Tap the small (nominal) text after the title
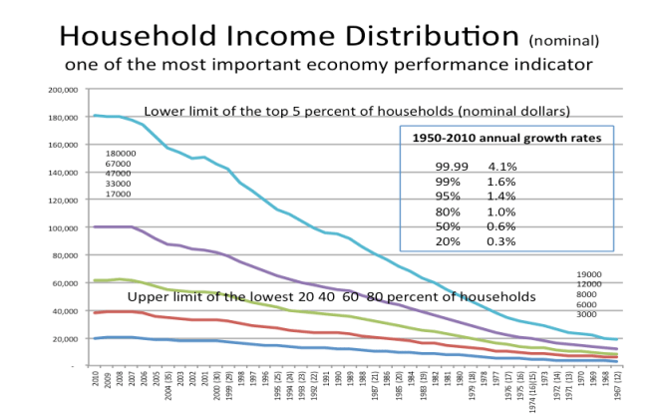point(565,41)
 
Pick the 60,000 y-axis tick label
point(64,283)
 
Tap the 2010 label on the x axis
point(94,383)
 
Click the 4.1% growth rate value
point(502,166)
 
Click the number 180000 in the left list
point(121,154)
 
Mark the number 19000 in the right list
point(590,274)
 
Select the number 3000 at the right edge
point(587,314)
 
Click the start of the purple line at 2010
point(94,226)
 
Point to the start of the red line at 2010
point(94,312)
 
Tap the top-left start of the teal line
point(94,116)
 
